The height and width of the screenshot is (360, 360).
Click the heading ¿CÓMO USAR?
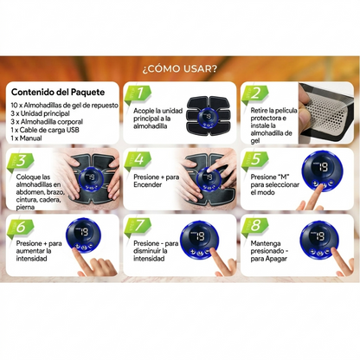[179, 69]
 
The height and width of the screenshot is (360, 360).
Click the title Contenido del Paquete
[58, 93]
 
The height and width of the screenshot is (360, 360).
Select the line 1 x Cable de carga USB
[45, 130]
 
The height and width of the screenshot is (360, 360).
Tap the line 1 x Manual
[26, 138]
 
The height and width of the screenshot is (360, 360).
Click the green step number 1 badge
[138, 94]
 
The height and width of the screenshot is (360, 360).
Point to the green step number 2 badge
[255, 94]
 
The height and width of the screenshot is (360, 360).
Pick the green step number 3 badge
[20, 161]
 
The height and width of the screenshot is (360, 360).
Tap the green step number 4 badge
[138, 160]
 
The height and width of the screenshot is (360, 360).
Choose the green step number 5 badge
[255, 160]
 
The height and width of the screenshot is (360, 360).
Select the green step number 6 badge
[20, 228]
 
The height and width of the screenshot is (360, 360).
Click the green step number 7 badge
[138, 227]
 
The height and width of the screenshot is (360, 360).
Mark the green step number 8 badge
[255, 227]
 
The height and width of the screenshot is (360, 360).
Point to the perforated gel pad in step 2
[326, 112]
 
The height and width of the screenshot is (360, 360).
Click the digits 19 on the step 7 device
[200, 236]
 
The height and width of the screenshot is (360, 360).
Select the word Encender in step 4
[147, 185]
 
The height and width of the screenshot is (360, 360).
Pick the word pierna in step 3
[25, 208]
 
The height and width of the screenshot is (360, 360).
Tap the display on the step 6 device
[83, 232]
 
